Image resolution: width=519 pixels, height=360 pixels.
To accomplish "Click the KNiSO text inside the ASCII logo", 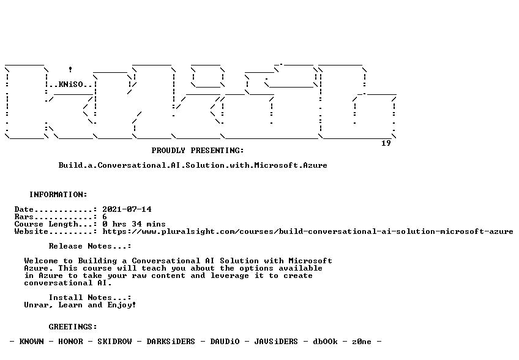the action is pyautogui.click(x=71, y=84).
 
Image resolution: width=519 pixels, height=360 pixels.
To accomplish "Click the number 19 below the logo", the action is pyautogui.click(x=386, y=143).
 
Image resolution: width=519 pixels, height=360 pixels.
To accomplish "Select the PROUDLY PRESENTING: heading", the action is pyautogui.click(x=198, y=151).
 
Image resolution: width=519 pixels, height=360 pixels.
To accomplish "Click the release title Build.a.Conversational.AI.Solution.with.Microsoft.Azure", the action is pyautogui.click(x=193, y=165).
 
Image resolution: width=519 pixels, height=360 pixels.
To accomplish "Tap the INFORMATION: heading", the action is pyautogui.click(x=58, y=195).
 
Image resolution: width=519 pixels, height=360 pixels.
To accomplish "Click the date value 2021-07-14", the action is pyautogui.click(x=127, y=209).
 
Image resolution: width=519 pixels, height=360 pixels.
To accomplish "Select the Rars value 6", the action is pyautogui.click(x=105, y=217).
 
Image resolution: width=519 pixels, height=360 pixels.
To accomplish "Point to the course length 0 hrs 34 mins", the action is pyautogui.click(x=134, y=224).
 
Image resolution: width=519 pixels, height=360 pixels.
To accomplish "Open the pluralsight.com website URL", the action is pyautogui.click(x=308, y=231).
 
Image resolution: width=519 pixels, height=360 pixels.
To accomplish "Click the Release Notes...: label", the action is pyautogui.click(x=90, y=246).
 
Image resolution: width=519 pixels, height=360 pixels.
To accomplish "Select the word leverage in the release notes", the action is pyautogui.click(x=230, y=276).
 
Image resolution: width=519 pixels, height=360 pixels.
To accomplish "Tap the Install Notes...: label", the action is pyautogui.click(x=90, y=298).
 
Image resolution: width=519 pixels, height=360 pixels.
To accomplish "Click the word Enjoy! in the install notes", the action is pyautogui.click(x=122, y=305).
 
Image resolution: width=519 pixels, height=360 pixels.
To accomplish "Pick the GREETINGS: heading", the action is pyautogui.click(x=73, y=327).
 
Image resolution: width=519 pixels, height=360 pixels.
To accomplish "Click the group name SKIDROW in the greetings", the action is pyautogui.click(x=114, y=342).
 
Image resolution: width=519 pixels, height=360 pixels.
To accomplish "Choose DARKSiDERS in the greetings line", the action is pyautogui.click(x=171, y=342).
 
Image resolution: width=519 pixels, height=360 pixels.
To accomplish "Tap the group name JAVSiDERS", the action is pyautogui.click(x=276, y=342).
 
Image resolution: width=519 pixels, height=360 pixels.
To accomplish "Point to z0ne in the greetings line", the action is pyautogui.click(x=362, y=342).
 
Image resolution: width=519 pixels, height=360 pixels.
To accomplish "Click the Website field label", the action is pyautogui.click(x=31, y=231).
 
